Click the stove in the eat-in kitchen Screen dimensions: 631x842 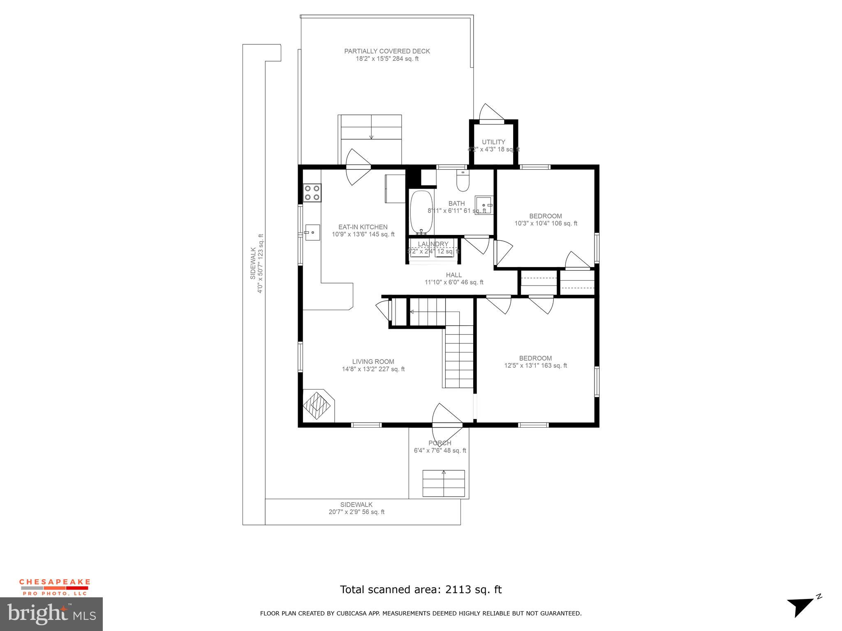pos(312,193)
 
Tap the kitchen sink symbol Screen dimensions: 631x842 pos(312,233)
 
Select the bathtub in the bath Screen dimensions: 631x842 pos(421,212)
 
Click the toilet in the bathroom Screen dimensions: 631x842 pos(463,182)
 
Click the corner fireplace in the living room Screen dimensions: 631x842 pos(317,406)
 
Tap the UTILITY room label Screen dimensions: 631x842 pos(493,142)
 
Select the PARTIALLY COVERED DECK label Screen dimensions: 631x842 pos(387,51)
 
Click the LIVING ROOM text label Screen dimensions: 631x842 pos(373,362)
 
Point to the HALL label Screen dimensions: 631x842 pos(454,275)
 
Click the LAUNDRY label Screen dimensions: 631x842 pos(433,244)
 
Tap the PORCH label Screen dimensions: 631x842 pos(440,443)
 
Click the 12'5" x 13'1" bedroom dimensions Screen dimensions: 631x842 pos(535,366)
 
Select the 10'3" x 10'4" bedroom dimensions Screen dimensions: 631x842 pos(546,223)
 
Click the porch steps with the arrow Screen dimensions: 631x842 pos(444,484)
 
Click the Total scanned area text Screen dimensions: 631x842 pos(421,590)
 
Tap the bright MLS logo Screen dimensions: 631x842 pos(51,614)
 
